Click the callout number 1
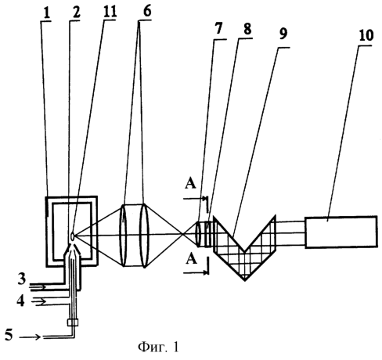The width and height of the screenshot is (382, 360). click(x=47, y=13)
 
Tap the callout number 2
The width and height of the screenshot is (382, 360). click(x=76, y=13)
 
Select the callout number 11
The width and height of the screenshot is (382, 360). click(x=110, y=12)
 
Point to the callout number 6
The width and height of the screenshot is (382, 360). click(x=147, y=11)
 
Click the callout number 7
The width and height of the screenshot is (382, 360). click(x=218, y=28)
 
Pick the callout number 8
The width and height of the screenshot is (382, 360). click(x=247, y=29)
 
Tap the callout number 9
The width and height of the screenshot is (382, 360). click(x=283, y=34)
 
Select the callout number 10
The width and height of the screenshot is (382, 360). click(x=366, y=35)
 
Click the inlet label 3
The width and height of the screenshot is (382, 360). click(x=22, y=279)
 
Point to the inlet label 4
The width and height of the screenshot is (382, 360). click(x=20, y=301)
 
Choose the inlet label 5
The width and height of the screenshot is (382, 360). click(x=9, y=335)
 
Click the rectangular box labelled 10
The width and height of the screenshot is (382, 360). click(x=341, y=232)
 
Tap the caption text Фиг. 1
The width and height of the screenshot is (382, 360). click(x=158, y=347)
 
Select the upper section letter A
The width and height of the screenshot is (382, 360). click(x=190, y=184)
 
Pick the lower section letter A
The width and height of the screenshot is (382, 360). click(x=192, y=260)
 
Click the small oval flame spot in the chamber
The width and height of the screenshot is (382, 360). click(x=72, y=236)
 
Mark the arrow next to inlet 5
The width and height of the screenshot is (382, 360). click(x=31, y=337)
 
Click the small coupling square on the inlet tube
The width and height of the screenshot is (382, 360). click(x=73, y=322)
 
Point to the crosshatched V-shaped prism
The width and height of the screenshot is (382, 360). click(x=244, y=248)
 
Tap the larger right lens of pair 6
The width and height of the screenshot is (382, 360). click(x=144, y=236)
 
